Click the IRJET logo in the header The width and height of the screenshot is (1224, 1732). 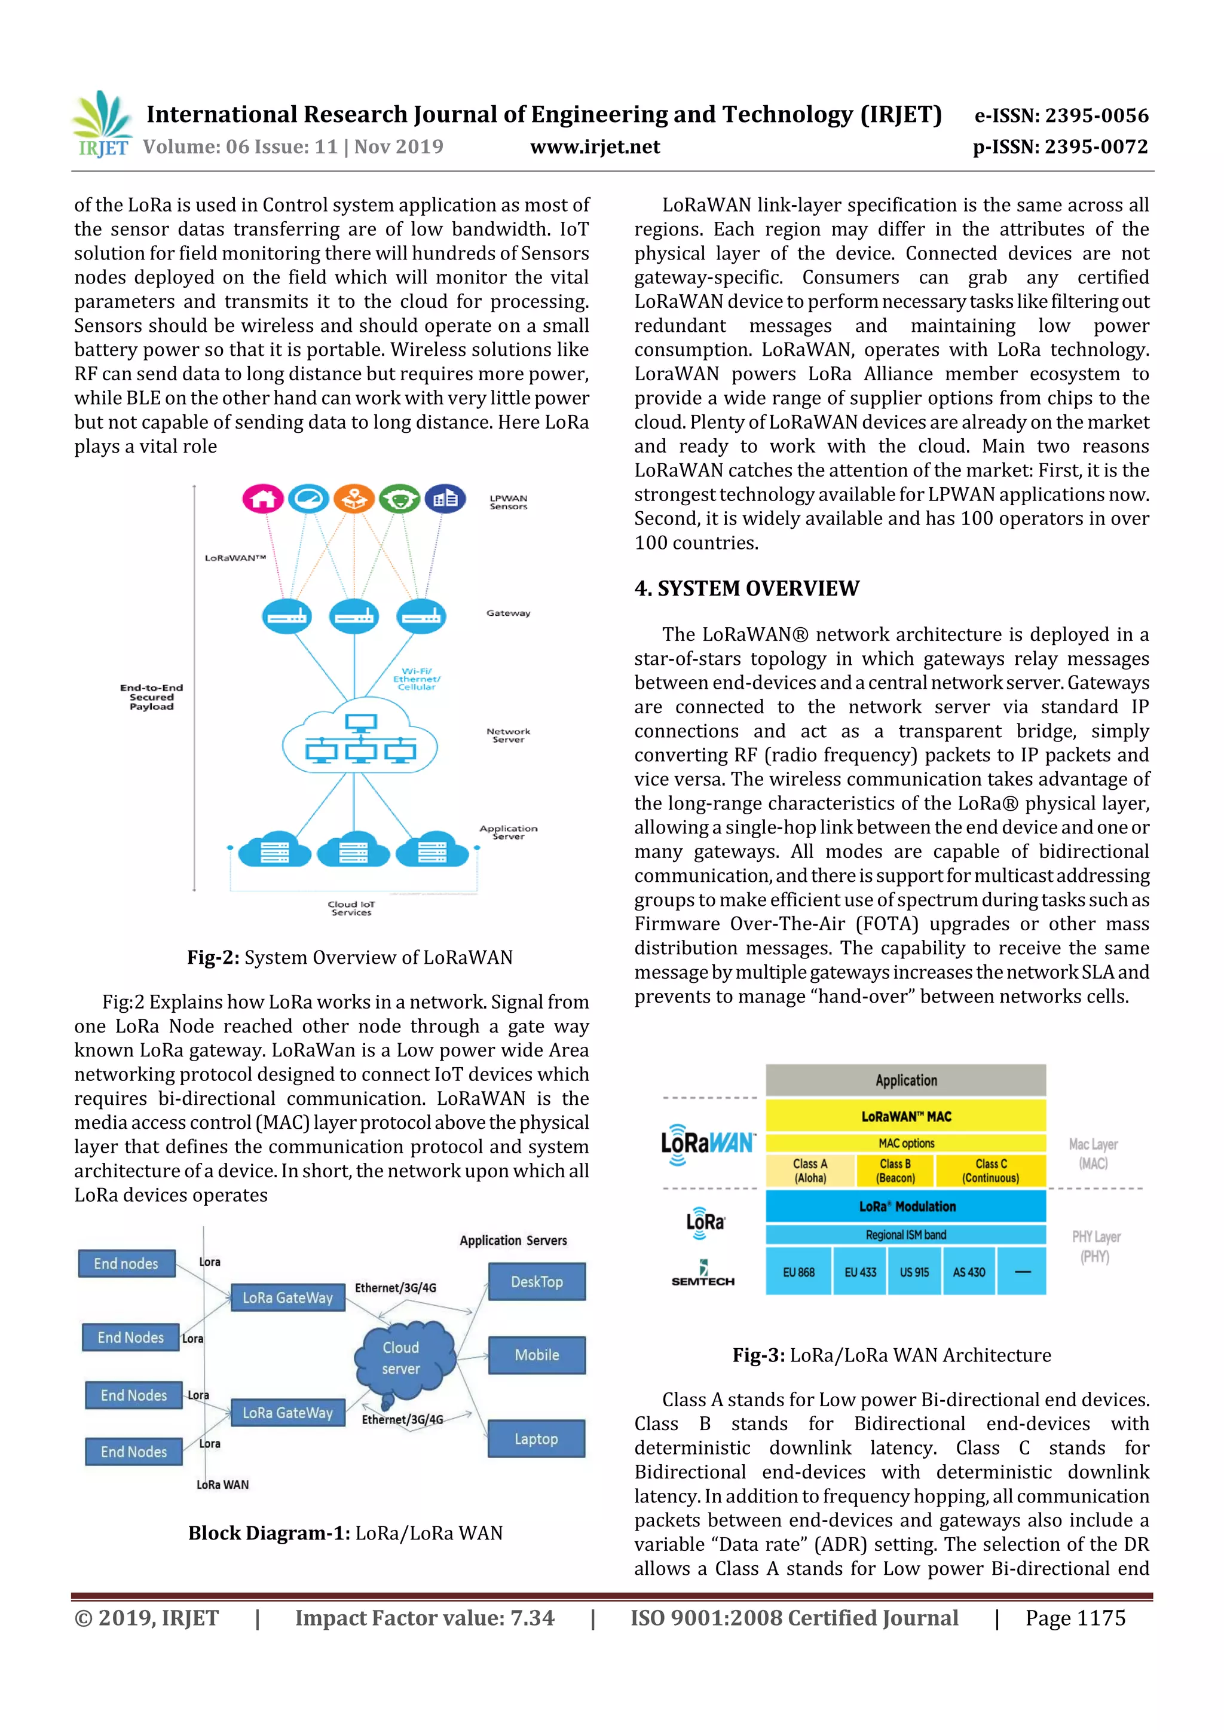pyautogui.click(x=102, y=124)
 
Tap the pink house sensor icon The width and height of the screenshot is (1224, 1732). pyautogui.click(x=262, y=499)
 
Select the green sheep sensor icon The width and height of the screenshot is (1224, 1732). pyautogui.click(x=399, y=499)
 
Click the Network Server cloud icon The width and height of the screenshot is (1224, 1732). pyautogui.click(x=360, y=735)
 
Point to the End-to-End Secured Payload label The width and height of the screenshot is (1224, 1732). pyautogui.click(x=152, y=697)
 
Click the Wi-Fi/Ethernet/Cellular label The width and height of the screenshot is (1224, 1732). pyautogui.click(x=417, y=679)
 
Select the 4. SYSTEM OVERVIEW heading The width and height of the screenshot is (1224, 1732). pyautogui.click(x=746, y=588)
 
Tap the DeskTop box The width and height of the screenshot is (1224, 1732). pyautogui.click(x=536, y=1282)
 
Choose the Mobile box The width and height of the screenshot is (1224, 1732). pyautogui.click(x=536, y=1355)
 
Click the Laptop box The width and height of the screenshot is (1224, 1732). pyautogui.click(x=536, y=1438)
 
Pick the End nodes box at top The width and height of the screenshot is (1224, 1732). pyautogui.click(x=126, y=1263)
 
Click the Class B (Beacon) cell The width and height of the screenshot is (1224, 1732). pyautogui.click(x=895, y=1171)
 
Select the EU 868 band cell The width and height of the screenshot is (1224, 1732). pyautogui.click(x=798, y=1272)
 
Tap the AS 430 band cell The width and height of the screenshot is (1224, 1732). pyautogui.click(x=968, y=1272)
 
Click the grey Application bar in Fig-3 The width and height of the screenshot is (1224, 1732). pyautogui.click(x=905, y=1080)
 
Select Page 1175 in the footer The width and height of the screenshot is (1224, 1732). pyautogui.click(x=1074, y=1618)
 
